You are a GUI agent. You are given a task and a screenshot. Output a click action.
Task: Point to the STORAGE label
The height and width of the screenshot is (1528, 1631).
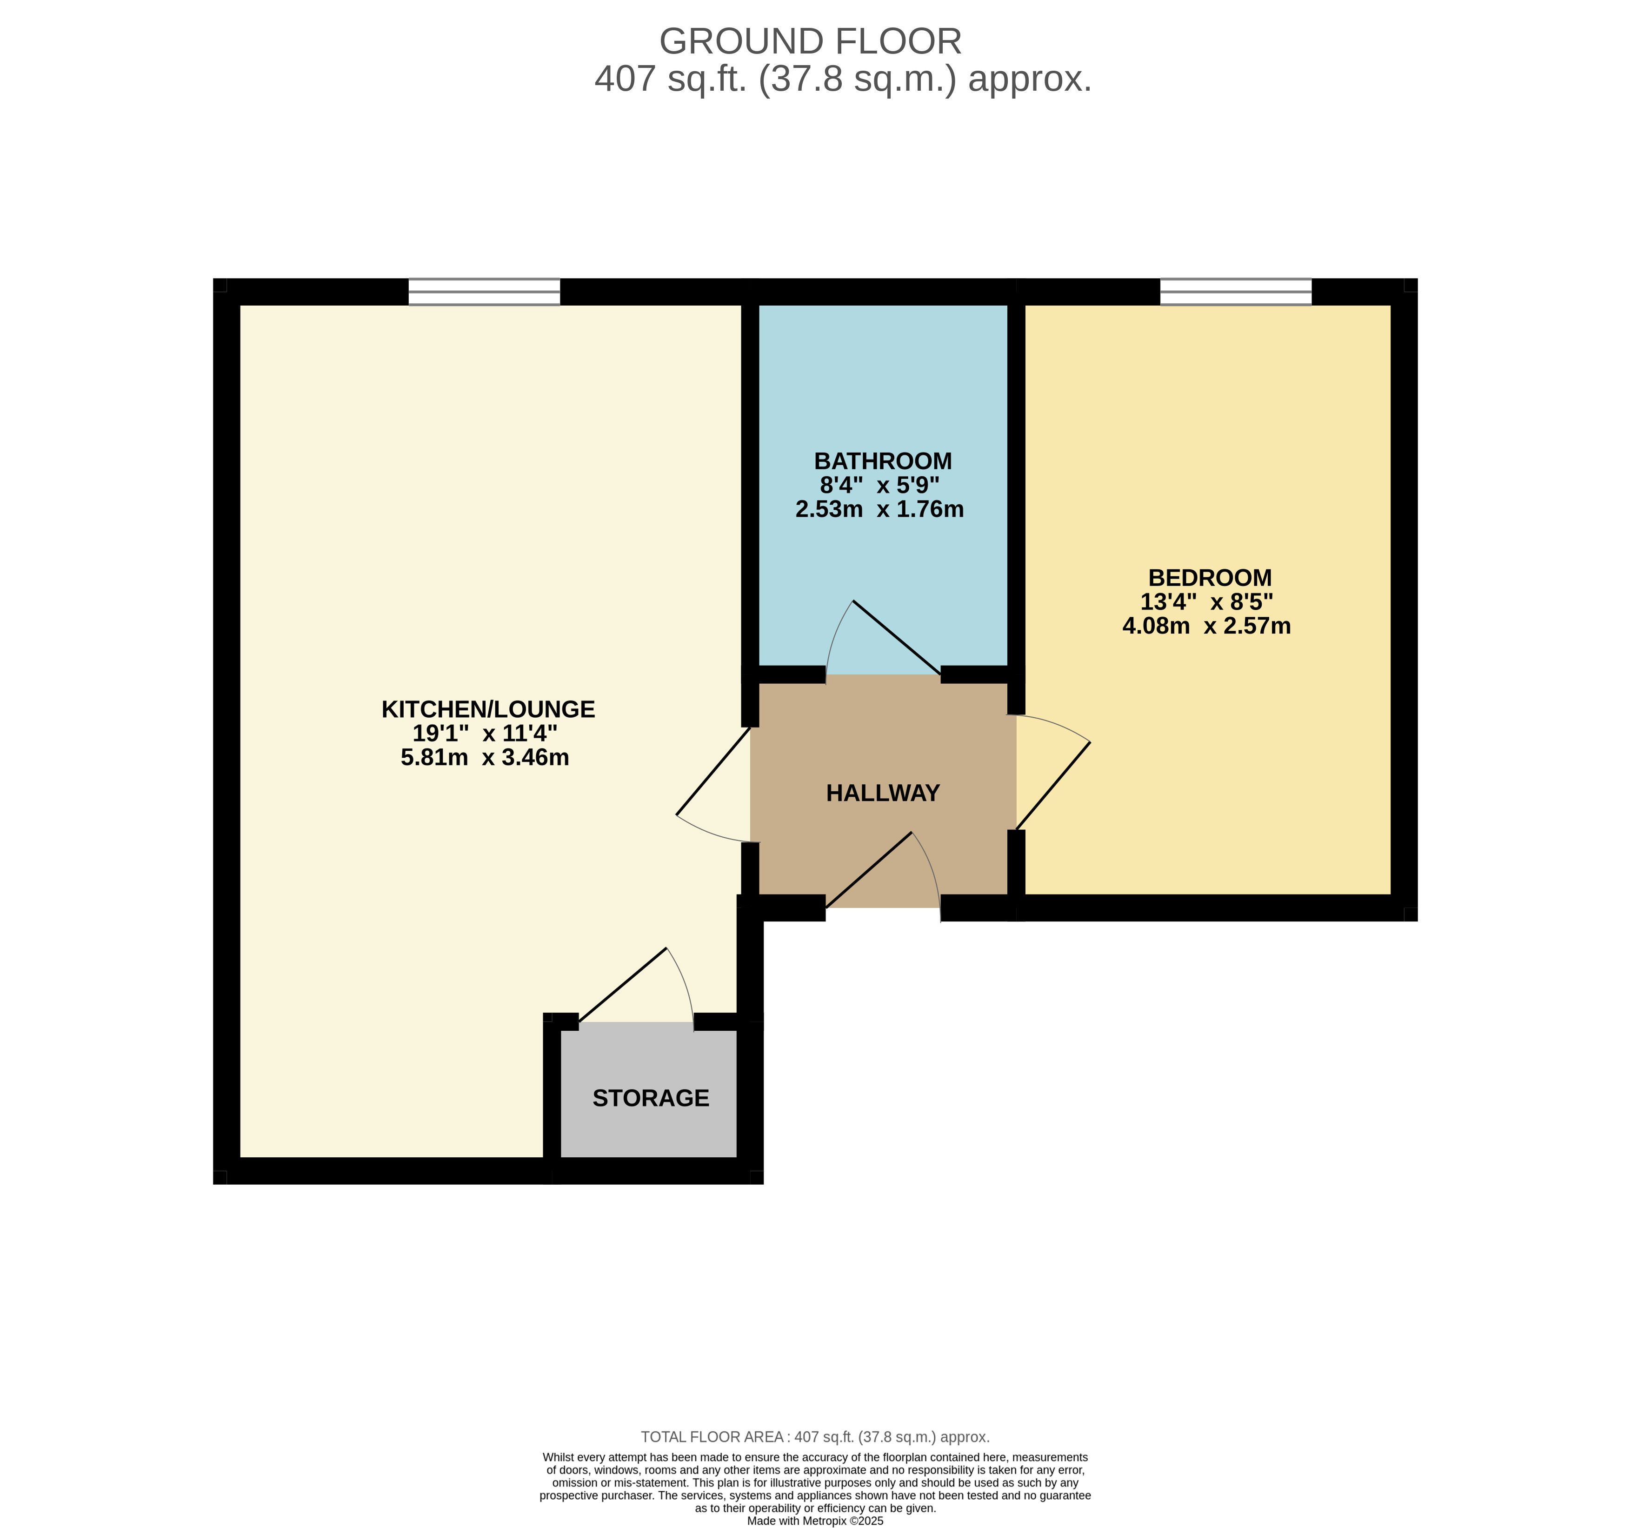(651, 1098)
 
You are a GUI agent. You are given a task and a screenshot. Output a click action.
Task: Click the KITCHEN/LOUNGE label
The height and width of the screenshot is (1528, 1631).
(488, 709)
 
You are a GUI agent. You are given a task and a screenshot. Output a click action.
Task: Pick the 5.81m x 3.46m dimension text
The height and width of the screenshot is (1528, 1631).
(485, 757)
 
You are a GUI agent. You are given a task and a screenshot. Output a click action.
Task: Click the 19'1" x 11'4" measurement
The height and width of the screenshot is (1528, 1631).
(485, 733)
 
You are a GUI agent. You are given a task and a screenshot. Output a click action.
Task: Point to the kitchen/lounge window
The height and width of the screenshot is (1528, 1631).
(484, 291)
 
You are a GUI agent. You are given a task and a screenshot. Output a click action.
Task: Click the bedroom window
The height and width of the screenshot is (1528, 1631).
(1236, 291)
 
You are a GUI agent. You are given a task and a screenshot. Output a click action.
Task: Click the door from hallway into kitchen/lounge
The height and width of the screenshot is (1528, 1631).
(713, 771)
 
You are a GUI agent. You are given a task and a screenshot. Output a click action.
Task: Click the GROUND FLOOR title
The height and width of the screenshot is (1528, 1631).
(811, 41)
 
